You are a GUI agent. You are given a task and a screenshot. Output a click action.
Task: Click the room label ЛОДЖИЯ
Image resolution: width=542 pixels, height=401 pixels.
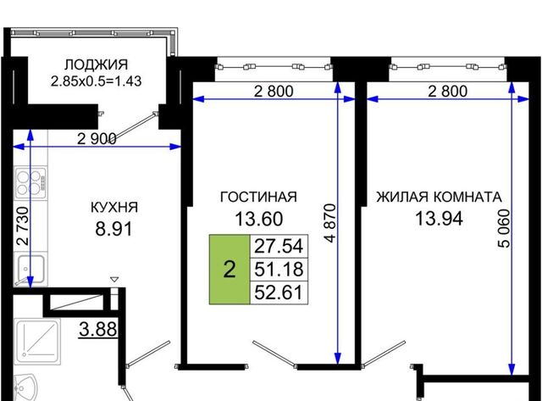(x=96, y=64)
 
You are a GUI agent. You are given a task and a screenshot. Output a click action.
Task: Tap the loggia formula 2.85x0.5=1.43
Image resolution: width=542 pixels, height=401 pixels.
(x=96, y=81)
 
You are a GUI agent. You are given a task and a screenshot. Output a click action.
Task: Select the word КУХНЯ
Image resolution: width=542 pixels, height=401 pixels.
(x=114, y=208)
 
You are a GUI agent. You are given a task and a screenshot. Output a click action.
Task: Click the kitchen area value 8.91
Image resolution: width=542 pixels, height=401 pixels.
(x=113, y=229)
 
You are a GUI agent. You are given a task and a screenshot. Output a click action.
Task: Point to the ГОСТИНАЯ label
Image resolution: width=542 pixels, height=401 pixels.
(x=258, y=197)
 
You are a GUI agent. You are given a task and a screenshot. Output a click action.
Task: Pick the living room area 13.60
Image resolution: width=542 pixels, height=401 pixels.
(x=259, y=219)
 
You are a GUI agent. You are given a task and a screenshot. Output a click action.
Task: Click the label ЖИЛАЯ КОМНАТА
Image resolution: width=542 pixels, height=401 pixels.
(x=439, y=197)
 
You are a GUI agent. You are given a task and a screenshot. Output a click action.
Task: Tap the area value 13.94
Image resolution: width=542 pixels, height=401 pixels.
(x=439, y=219)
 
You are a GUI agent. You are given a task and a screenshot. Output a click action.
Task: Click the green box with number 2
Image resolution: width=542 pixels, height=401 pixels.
(x=230, y=270)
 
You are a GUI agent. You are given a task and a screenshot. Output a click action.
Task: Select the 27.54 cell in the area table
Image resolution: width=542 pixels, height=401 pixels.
(x=279, y=247)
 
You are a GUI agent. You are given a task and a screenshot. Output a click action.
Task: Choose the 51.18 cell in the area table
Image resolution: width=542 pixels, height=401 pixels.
(x=279, y=270)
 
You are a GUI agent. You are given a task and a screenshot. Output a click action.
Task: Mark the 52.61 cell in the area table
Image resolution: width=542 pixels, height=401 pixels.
(x=279, y=292)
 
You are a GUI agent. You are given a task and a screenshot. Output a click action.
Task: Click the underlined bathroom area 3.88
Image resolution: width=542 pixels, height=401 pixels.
(x=98, y=329)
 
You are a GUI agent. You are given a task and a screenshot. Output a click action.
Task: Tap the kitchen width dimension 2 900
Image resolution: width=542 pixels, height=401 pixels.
(x=97, y=139)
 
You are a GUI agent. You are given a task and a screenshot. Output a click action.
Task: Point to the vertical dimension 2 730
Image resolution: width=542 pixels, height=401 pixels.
(x=23, y=226)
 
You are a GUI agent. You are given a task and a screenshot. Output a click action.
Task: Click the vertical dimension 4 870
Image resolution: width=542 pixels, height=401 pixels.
(x=330, y=223)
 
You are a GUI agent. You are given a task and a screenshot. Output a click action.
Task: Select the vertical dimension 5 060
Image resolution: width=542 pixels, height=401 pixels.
(x=504, y=228)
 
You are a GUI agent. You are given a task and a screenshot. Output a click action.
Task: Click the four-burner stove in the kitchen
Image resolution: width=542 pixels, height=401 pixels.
(x=30, y=183)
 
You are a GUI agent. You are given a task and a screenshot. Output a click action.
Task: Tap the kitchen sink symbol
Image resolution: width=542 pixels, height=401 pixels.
(x=30, y=270)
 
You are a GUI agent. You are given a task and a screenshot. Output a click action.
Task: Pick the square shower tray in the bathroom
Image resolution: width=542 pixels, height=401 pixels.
(x=38, y=342)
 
